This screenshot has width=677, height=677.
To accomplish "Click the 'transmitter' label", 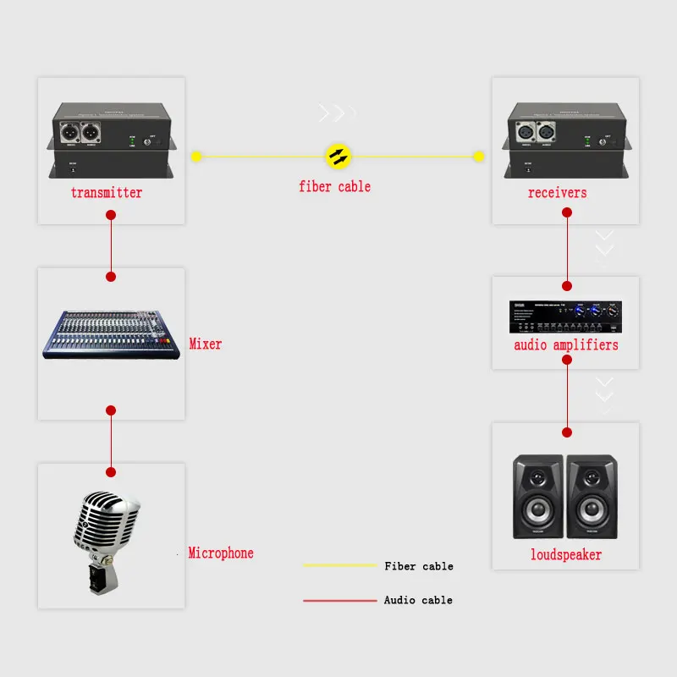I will [x=107, y=193].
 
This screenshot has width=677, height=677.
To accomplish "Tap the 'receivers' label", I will [x=557, y=193].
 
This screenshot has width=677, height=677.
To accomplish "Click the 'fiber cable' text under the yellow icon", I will [x=334, y=186].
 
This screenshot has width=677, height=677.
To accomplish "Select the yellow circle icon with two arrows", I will [x=338, y=156].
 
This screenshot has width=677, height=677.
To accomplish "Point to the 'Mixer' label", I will [x=206, y=344].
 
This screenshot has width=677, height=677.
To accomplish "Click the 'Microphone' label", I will [x=221, y=553].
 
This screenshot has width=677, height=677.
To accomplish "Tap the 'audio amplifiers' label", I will [x=566, y=345].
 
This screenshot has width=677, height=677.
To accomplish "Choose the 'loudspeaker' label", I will [x=566, y=555].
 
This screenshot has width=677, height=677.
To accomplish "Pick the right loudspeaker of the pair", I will [x=592, y=498].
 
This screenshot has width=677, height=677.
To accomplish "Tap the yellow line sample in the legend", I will [x=339, y=565].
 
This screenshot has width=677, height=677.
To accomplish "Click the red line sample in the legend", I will [x=339, y=600].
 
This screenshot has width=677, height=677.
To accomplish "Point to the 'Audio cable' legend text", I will [x=418, y=600].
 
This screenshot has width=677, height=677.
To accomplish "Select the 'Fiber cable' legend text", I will [x=418, y=566].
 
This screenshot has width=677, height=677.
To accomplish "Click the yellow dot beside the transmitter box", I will [x=196, y=157].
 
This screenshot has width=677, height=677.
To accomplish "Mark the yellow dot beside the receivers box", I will [x=478, y=157].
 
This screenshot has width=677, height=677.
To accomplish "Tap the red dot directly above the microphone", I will [x=110, y=471].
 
